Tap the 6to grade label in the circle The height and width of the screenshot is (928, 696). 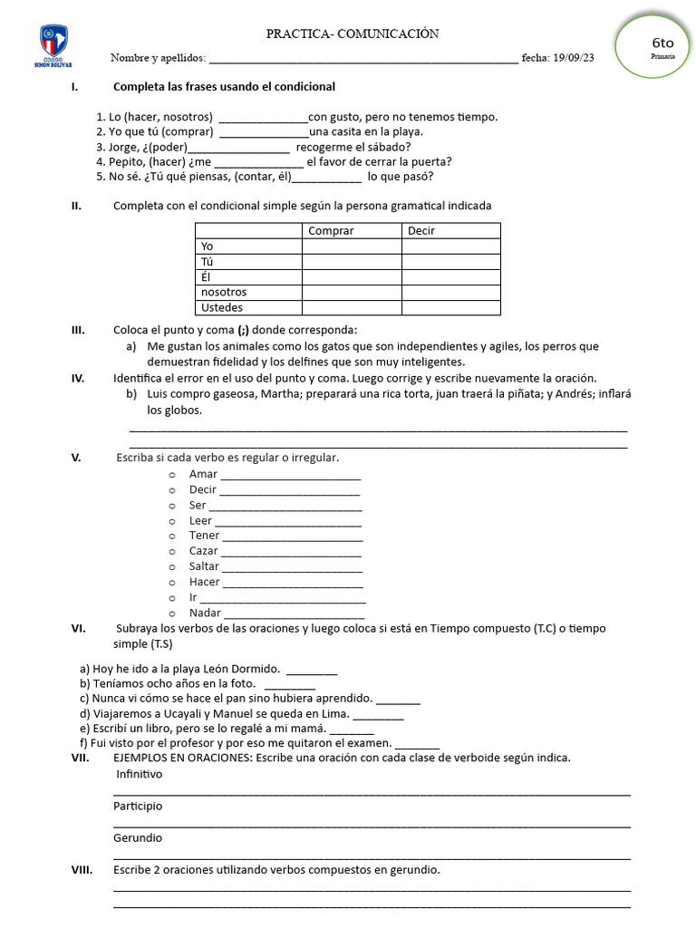click(x=662, y=43)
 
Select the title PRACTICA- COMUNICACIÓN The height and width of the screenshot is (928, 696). click(x=352, y=34)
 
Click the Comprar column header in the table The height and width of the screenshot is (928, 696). click(x=331, y=231)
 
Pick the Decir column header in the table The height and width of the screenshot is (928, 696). click(x=421, y=231)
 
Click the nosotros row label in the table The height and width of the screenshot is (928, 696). click(x=224, y=292)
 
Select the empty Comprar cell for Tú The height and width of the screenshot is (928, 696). click(x=352, y=262)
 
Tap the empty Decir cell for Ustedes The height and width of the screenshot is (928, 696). click(x=451, y=307)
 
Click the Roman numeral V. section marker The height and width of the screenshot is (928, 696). click(x=76, y=458)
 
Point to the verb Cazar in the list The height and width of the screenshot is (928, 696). click(x=204, y=551)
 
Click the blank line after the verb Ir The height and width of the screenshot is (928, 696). click(x=283, y=598)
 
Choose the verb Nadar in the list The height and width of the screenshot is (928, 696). click(x=205, y=614)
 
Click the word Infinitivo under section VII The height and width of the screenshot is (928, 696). click(x=140, y=775)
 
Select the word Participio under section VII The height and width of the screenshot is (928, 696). click(x=138, y=806)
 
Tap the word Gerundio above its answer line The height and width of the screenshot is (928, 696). click(x=138, y=838)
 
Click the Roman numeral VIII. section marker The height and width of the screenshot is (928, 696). click(x=82, y=870)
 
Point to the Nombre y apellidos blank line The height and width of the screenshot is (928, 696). click(x=362, y=60)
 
